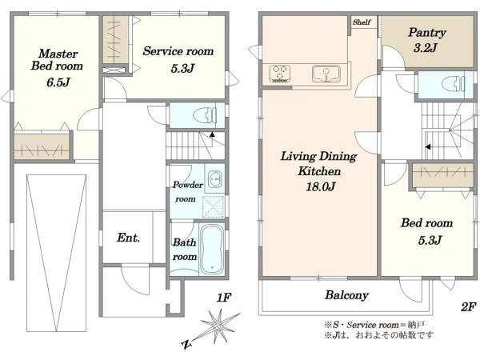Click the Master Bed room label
[x=57, y=60]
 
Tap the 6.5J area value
[x=58, y=82]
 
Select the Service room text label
[x=178, y=51]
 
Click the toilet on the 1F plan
[x=205, y=116]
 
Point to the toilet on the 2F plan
[x=454, y=83]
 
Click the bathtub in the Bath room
[x=211, y=250]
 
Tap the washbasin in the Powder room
[x=215, y=178]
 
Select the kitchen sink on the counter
[x=326, y=74]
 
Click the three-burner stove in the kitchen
[x=280, y=74]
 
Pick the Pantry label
[x=427, y=32]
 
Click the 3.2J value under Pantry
[x=426, y=47]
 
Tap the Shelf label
[x=362, y=22]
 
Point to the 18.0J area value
[x=321, y=186]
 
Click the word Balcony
[x=346, y=294]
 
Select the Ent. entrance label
[x=128, y=238]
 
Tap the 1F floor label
[x=224, y=298]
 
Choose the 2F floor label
[x=468, y=306]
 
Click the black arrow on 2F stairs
[x=428, y=147]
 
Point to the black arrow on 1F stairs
[x=212, y=134]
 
